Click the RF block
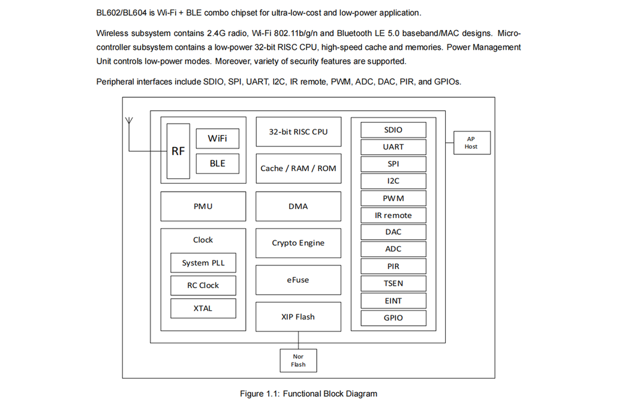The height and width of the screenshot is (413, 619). coord(178,151)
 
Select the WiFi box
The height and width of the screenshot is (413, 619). coord(217,139)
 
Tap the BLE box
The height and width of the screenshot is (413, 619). coord(217,163)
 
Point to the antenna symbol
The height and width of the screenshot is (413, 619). coord(128,122)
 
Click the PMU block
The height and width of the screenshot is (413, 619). coord(203,206)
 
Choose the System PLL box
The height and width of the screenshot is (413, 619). coord(203,263)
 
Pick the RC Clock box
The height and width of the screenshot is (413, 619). coord(203,285)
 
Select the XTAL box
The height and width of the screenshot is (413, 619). coord(203,308)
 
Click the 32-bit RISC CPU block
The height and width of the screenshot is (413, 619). coord(298,132)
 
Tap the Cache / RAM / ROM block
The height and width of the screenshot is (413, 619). coord(298,169)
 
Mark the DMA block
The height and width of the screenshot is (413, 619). coord(298,206)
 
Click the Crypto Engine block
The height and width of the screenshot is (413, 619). coord(298,243)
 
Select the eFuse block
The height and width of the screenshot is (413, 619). coord(298,280)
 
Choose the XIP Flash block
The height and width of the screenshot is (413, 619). coord(298,317)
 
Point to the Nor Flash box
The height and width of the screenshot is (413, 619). coord(298,360)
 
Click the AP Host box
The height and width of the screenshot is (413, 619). coord(471,143)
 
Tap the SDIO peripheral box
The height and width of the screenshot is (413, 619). coord(393,130)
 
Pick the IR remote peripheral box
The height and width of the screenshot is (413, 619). coord(393,216)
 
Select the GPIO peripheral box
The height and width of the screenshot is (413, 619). coord(393,318)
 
